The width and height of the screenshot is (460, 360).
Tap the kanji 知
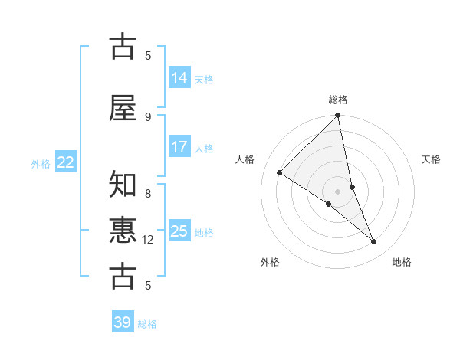(123, 184)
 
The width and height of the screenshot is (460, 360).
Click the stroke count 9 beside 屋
(148, 116)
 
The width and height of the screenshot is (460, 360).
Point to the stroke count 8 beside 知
(148, 184)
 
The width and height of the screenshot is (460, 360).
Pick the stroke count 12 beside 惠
(148, 240)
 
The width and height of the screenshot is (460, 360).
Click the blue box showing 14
(179, 78)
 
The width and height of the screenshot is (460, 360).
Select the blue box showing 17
(179, 147)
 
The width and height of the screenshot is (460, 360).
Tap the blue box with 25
(179, 231)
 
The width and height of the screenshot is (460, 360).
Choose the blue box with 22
(66, 162)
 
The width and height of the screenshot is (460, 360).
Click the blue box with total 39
(123, 322)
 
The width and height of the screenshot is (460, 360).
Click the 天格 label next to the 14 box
(204, 79)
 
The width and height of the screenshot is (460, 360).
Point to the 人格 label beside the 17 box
(204, 148)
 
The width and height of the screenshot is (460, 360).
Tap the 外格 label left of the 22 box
(41, 163)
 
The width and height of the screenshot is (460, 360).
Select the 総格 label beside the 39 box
(147, 323)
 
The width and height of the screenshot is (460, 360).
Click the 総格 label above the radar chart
(338, 100)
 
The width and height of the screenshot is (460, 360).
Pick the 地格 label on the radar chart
(402, 262)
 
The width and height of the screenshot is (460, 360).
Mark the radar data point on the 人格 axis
(280, 173)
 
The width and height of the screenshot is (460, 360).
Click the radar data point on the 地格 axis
(374, 242)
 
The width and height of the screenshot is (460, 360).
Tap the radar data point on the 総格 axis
(338, 116)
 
